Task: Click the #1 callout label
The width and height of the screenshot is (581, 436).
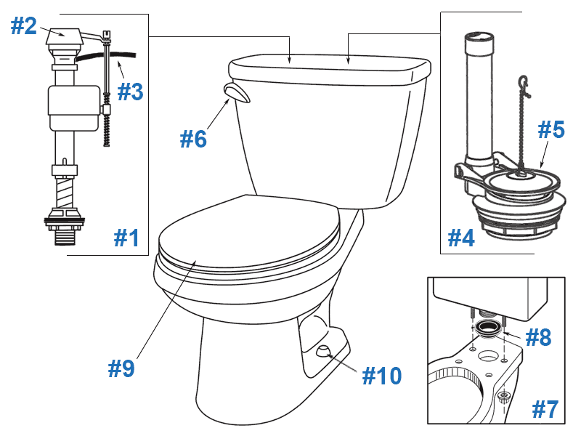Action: click(127, 238)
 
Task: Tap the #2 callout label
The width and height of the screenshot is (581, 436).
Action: click(23, 26)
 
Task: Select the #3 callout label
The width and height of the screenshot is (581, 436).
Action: click(131, 92)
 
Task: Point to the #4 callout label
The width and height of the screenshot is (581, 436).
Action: click(460, 238)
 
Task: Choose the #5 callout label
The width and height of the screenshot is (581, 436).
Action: click(550, 130)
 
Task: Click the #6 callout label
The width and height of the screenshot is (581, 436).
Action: click(194, 139)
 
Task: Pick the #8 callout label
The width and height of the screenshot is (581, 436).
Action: click(537, 337)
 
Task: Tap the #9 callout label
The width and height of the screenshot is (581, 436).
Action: click(121, 369)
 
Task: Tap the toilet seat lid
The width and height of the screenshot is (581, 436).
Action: click(247, 233)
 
